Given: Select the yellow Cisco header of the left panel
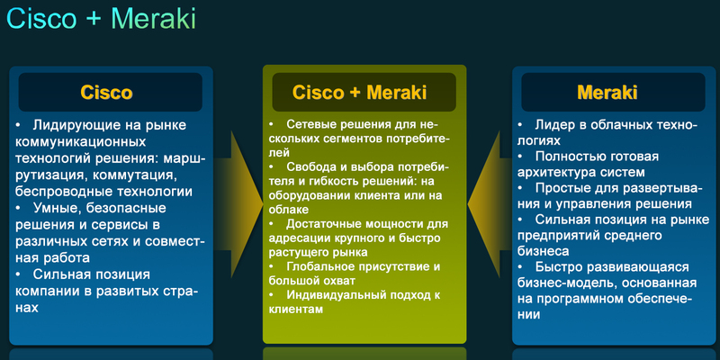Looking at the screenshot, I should coord(106,93).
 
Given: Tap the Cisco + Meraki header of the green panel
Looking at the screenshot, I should coord(359,93).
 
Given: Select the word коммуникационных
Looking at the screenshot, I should coord(80,141).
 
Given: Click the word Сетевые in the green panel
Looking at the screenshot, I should coord(311,123).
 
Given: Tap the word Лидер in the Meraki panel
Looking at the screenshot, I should coord(556,124).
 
